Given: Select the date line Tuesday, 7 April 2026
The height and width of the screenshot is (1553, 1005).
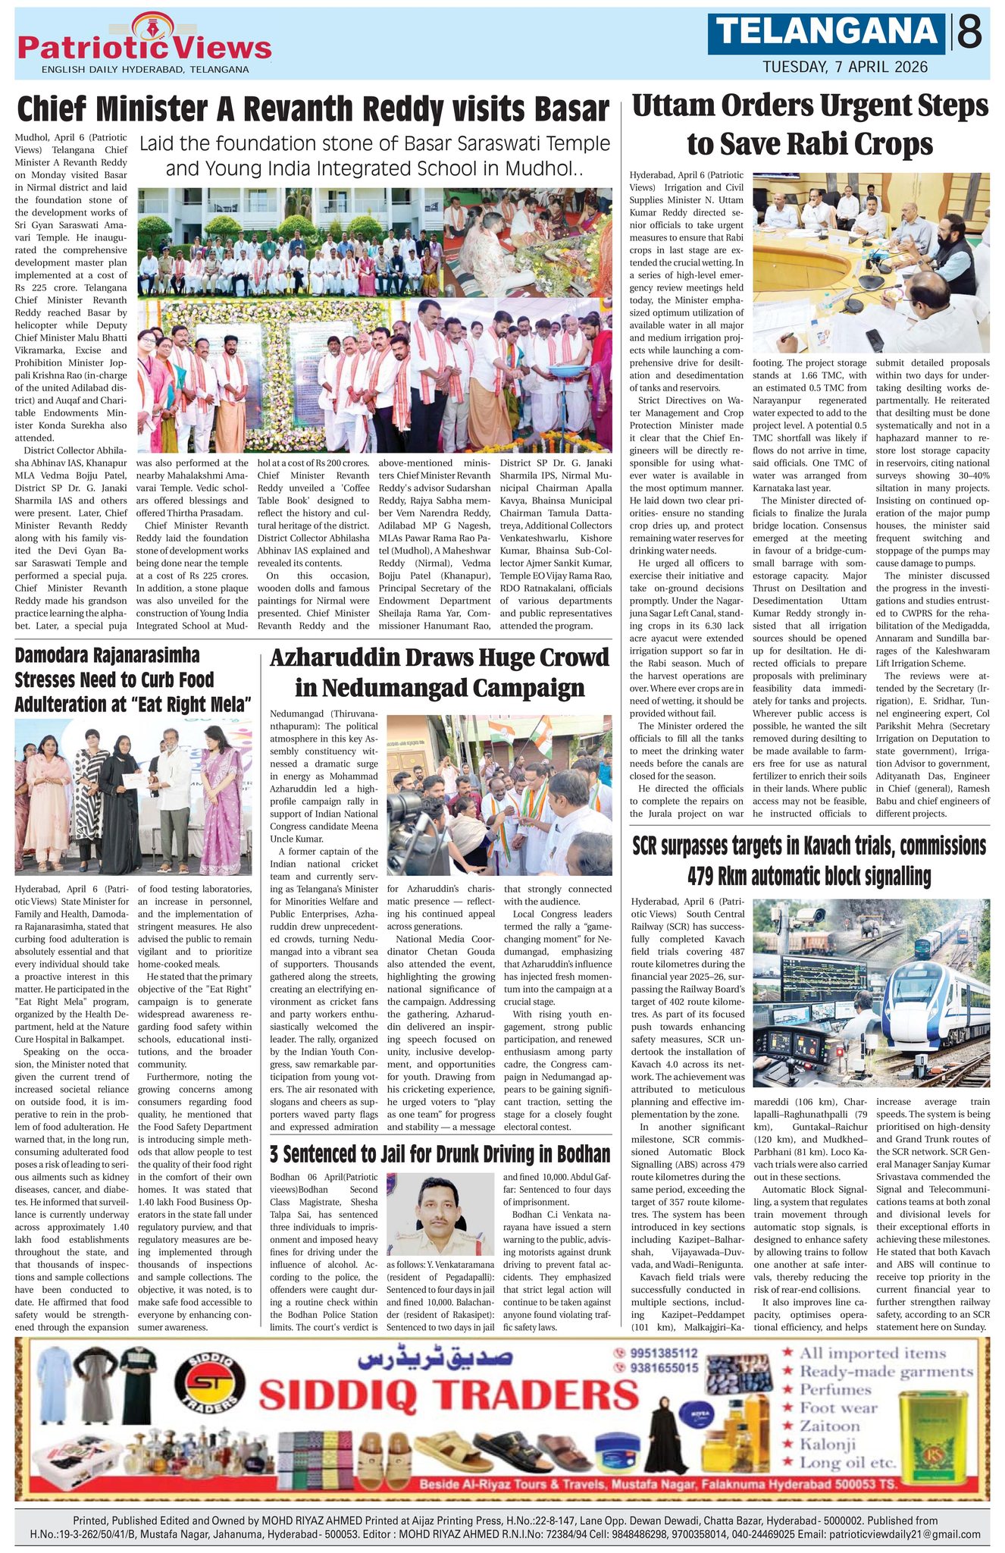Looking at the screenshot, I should point(845,67).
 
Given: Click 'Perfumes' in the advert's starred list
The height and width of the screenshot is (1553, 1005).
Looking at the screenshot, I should point(836,1389).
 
